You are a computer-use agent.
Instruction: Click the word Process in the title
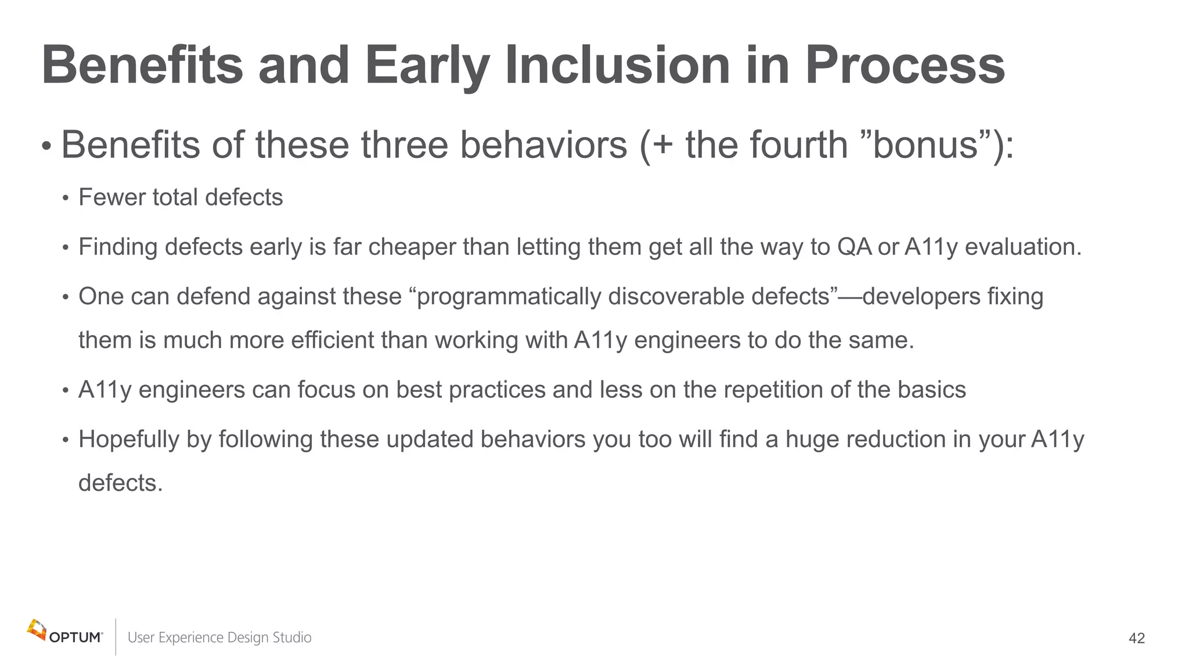coord(904,66)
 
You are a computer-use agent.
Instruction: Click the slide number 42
coord(1136,638)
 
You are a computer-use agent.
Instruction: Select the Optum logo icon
coord(37,630)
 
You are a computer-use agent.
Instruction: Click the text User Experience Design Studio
coord(219,638)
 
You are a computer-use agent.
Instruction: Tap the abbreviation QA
coord(854,247)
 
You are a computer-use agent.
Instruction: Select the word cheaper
coord(412,247)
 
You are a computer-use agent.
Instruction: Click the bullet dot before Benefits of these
coord(46,147)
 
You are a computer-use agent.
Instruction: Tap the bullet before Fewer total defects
coord(66,199)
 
